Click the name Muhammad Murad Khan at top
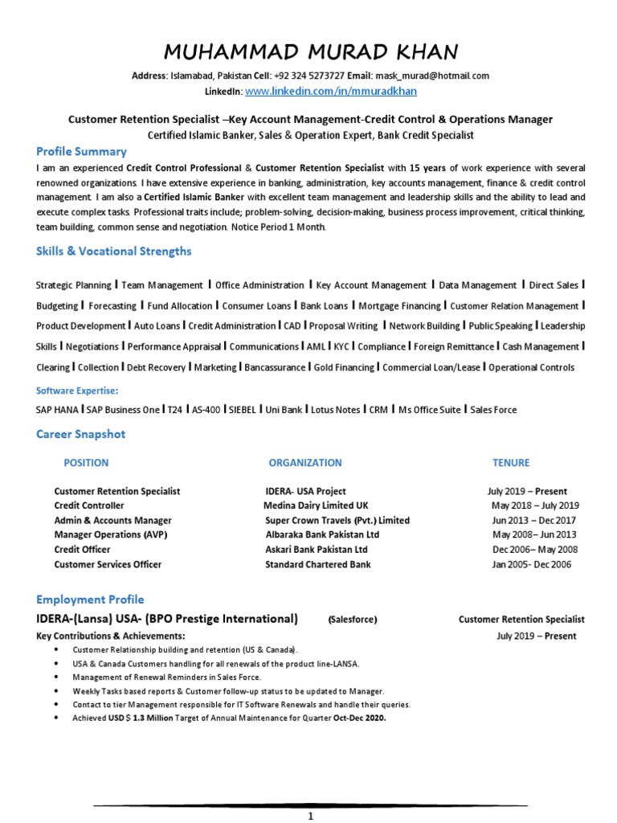pos(310,52)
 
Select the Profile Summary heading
pos(81,151)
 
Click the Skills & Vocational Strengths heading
pos(113,252)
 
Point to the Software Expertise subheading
pos(77,391)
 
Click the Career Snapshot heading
pos(80,434)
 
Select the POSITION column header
pos(86,463)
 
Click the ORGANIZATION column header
pos(304,463)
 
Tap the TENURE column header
pos(511,463)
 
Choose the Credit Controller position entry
pos(89,506)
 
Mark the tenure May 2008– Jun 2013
pos(533,534)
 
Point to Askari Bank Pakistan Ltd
pos(316,550)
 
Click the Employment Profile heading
pos(90,600)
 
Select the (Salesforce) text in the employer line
pos(352,620)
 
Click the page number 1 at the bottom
pos(310,817)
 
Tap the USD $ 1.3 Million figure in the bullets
pos(141,719)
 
